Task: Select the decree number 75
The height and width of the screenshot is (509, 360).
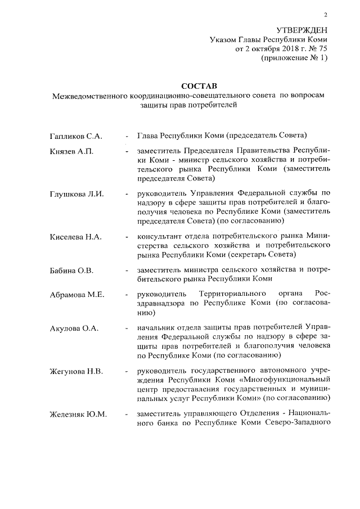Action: point(321,49)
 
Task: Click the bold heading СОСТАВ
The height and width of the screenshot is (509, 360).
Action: point(197,86)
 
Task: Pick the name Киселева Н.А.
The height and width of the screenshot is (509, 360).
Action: point(75,236)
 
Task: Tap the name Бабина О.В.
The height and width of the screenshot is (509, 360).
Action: point(70,270)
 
